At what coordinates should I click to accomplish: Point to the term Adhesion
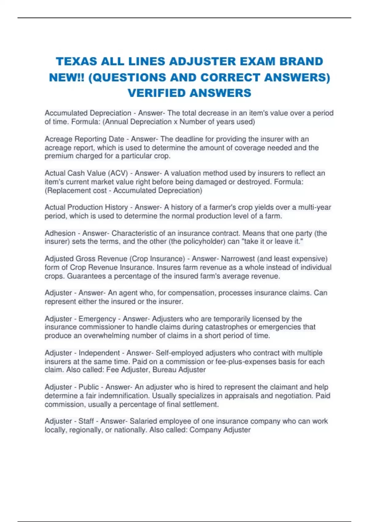pos(60,233)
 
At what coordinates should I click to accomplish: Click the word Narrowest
pos(238,259)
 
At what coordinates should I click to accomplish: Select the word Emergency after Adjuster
pos(97,319)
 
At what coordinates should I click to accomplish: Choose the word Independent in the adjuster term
pos(99,353)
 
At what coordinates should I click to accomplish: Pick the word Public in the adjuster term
pos(89,387)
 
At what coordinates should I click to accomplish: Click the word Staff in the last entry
pos(86,421)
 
